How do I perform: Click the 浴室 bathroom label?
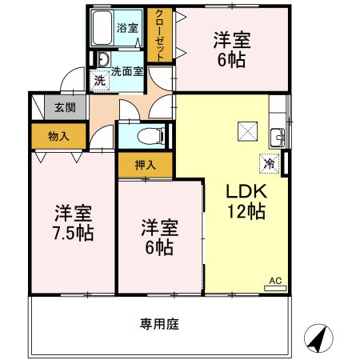click(128, 28)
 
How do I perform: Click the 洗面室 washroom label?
click(127, 70)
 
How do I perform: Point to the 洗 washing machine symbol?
click(98, 80)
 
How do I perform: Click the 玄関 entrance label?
click(65, 108)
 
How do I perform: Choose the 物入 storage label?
click(58, 135)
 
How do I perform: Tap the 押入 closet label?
click(145, 165)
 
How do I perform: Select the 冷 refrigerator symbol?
click(268, 163)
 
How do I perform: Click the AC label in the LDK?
click(274, 280)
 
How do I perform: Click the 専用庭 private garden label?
click(158, 324)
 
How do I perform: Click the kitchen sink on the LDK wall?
click(276, 134)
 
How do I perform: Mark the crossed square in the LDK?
click(245, 131)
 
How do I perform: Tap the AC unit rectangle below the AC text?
click(274, 289)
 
